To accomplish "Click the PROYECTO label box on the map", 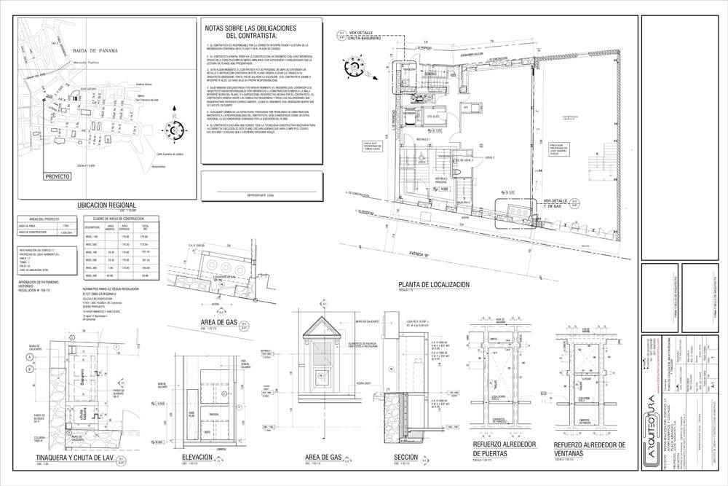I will coord(58,176).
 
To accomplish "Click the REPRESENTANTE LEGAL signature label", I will coord(260,196).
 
